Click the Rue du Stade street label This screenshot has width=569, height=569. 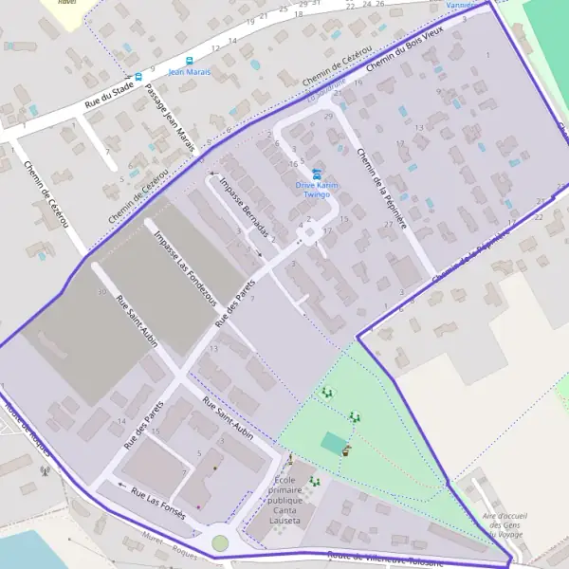(108, 96)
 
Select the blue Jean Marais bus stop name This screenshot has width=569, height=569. (190, 71)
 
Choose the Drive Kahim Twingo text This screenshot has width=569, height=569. (313, 189)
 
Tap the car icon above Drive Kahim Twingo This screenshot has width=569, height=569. (316, 173)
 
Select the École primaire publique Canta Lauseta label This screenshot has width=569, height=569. (285, 501)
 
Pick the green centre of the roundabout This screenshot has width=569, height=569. (220, 542)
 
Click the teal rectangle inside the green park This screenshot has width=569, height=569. (333, 442)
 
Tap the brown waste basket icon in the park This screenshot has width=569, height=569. (346, 450)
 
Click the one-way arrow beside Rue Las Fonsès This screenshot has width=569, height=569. (120, 485)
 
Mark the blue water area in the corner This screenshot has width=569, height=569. (24, 550)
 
